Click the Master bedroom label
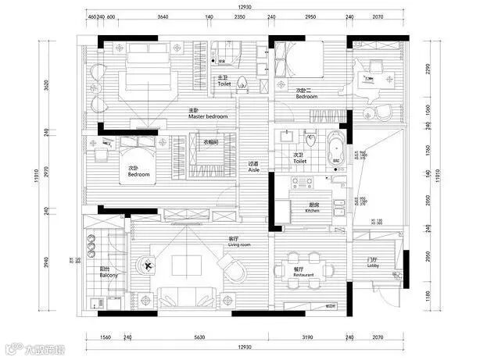[207, 116]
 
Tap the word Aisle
[253, 169]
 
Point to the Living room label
[238, 244]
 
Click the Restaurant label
[304, 276]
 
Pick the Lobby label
[373, 266]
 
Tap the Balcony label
[109, 276]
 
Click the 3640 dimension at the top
[163, 16]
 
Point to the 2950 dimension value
[310, 16]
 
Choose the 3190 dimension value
[310, 337]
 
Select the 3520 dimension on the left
[47, 86]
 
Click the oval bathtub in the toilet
[337, 151]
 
